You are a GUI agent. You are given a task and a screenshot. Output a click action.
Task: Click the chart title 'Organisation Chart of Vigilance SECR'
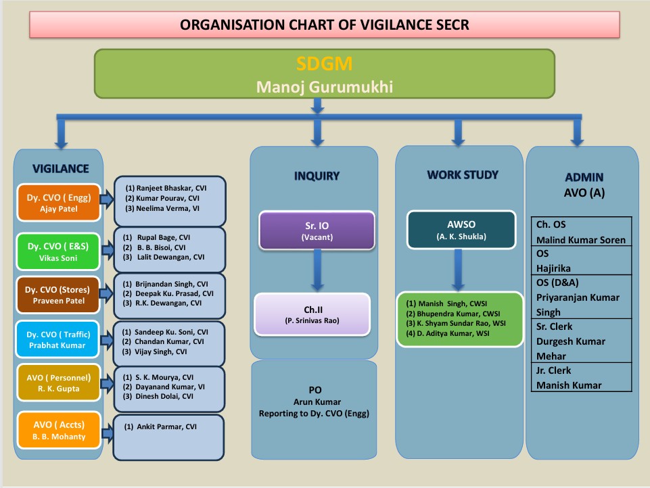[x=324, y=25]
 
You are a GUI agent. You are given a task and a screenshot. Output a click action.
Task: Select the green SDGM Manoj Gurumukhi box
[x=325, y=74]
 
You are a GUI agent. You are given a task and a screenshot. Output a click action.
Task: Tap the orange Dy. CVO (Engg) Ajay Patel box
[x=58, y=203]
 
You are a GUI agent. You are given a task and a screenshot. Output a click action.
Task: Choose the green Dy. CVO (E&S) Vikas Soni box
[x=58, y=251]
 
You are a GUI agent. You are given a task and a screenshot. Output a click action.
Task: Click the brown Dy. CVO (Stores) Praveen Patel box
[x=58, y=295]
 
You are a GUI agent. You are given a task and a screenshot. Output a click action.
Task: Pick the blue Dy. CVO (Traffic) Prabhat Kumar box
[x=57, y=339]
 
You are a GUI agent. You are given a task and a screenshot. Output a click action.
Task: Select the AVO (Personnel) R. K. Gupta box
[x=58, y=383]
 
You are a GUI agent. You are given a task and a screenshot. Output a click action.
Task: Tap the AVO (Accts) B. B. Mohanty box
[x=59, y=430]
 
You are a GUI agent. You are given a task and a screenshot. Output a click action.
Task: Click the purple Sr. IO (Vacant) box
[x=317, y=230]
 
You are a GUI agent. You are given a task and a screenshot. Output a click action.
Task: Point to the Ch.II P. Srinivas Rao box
[x=312, y=314]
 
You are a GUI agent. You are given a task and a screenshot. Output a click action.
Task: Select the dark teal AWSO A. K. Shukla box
[x=461, y=230]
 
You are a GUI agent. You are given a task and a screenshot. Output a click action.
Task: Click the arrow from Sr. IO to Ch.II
[x=317, y=270]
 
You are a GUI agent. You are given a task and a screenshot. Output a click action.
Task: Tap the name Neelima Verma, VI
[x=162, y=208]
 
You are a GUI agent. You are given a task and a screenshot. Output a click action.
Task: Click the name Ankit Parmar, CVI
[x=160, y=426]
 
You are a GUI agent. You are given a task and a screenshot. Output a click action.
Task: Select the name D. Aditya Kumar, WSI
[x=448, y=333]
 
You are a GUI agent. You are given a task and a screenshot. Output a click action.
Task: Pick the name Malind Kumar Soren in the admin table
[x=581, y=240]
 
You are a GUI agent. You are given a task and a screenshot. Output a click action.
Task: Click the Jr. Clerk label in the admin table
[x=553, y=370]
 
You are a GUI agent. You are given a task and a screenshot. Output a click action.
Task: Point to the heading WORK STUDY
[x=463, y=175]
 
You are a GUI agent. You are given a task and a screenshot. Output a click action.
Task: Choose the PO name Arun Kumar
[x=317, y=402]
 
